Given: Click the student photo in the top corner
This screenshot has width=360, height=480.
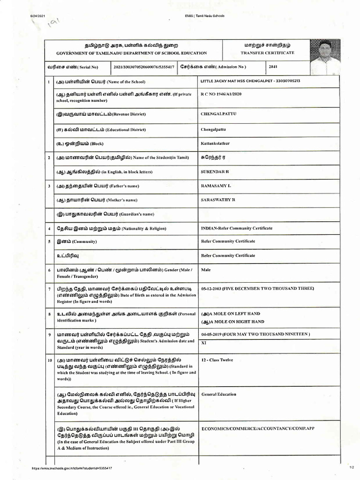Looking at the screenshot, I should coord(325,57).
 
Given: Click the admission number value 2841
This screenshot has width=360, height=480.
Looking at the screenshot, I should coord(273,67).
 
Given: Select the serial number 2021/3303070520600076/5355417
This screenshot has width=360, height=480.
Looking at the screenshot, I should coord(144,67).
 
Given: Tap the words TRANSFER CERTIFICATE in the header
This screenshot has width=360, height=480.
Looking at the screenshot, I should coord(267,53).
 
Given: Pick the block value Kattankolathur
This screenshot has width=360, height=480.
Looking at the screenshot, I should coord(215,143).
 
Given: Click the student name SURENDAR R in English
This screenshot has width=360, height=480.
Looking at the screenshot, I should coord(215,172).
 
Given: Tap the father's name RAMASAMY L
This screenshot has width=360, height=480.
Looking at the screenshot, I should coord(216,186).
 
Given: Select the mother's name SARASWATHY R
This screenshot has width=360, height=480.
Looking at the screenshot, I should coord(218,200).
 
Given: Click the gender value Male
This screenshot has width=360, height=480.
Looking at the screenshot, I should coord(206,270).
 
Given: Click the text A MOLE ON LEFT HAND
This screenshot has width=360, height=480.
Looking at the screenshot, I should coord(231,314).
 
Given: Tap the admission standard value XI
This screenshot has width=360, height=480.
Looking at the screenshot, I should coord(203,343).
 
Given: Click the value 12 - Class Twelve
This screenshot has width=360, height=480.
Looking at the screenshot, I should coord(217,360).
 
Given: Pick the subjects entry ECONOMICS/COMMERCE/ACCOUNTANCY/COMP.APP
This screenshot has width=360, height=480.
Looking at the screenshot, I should coord(257,429).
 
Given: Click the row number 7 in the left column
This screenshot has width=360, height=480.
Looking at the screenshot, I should coord(49,289).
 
